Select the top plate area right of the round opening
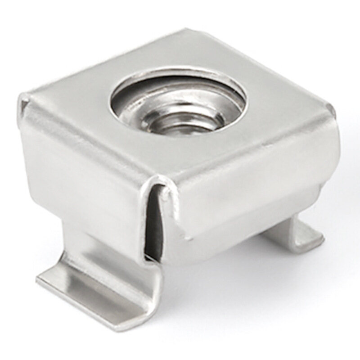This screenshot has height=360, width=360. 279,112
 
